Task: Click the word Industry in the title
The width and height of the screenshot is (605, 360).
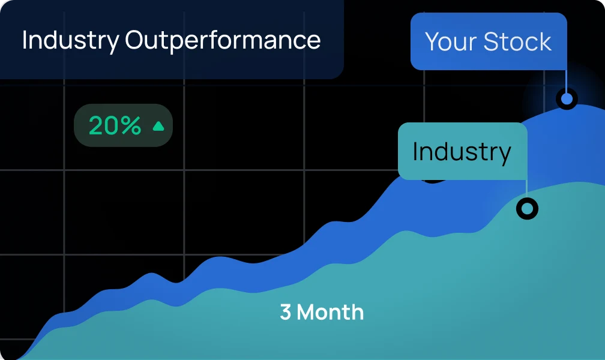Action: coord(71,41)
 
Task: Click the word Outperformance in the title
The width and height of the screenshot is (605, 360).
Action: coord(223,41)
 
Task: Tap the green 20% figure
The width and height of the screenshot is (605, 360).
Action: coord(115,125)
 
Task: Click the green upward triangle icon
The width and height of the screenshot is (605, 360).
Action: coord(158,126)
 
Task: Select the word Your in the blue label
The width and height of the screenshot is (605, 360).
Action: coord(451,41)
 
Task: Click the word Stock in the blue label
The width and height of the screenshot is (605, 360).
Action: coord(517,41)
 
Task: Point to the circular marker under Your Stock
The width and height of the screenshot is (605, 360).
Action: coord(567,99)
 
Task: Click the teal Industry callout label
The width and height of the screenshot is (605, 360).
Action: coord(462,151)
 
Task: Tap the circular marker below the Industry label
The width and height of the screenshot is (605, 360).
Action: coord(527,209)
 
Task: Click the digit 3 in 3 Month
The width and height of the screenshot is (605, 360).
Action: coord(286,312)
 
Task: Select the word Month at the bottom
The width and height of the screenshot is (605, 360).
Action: coord(330,312)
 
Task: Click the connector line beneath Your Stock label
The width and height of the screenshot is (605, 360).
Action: coord(566,79)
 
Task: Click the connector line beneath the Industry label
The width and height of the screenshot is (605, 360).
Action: coord(527,189)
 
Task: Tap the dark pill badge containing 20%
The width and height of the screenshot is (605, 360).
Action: coord(123,125)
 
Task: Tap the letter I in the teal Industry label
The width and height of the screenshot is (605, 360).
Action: coord(415,151)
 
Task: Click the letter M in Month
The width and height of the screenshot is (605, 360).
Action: coord(306,312)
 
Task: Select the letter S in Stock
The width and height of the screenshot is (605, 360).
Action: coord(490,41)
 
